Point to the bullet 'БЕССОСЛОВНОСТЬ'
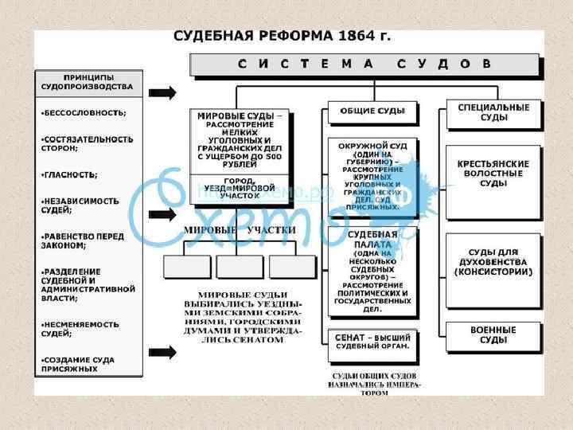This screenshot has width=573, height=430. point(84,112)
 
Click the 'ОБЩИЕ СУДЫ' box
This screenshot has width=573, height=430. point(372,111)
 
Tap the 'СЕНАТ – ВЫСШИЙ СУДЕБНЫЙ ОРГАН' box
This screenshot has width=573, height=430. point(372,341)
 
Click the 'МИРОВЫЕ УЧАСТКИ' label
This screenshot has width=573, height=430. point(240,231)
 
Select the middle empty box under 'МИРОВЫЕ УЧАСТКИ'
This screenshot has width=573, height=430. point(240,266)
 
